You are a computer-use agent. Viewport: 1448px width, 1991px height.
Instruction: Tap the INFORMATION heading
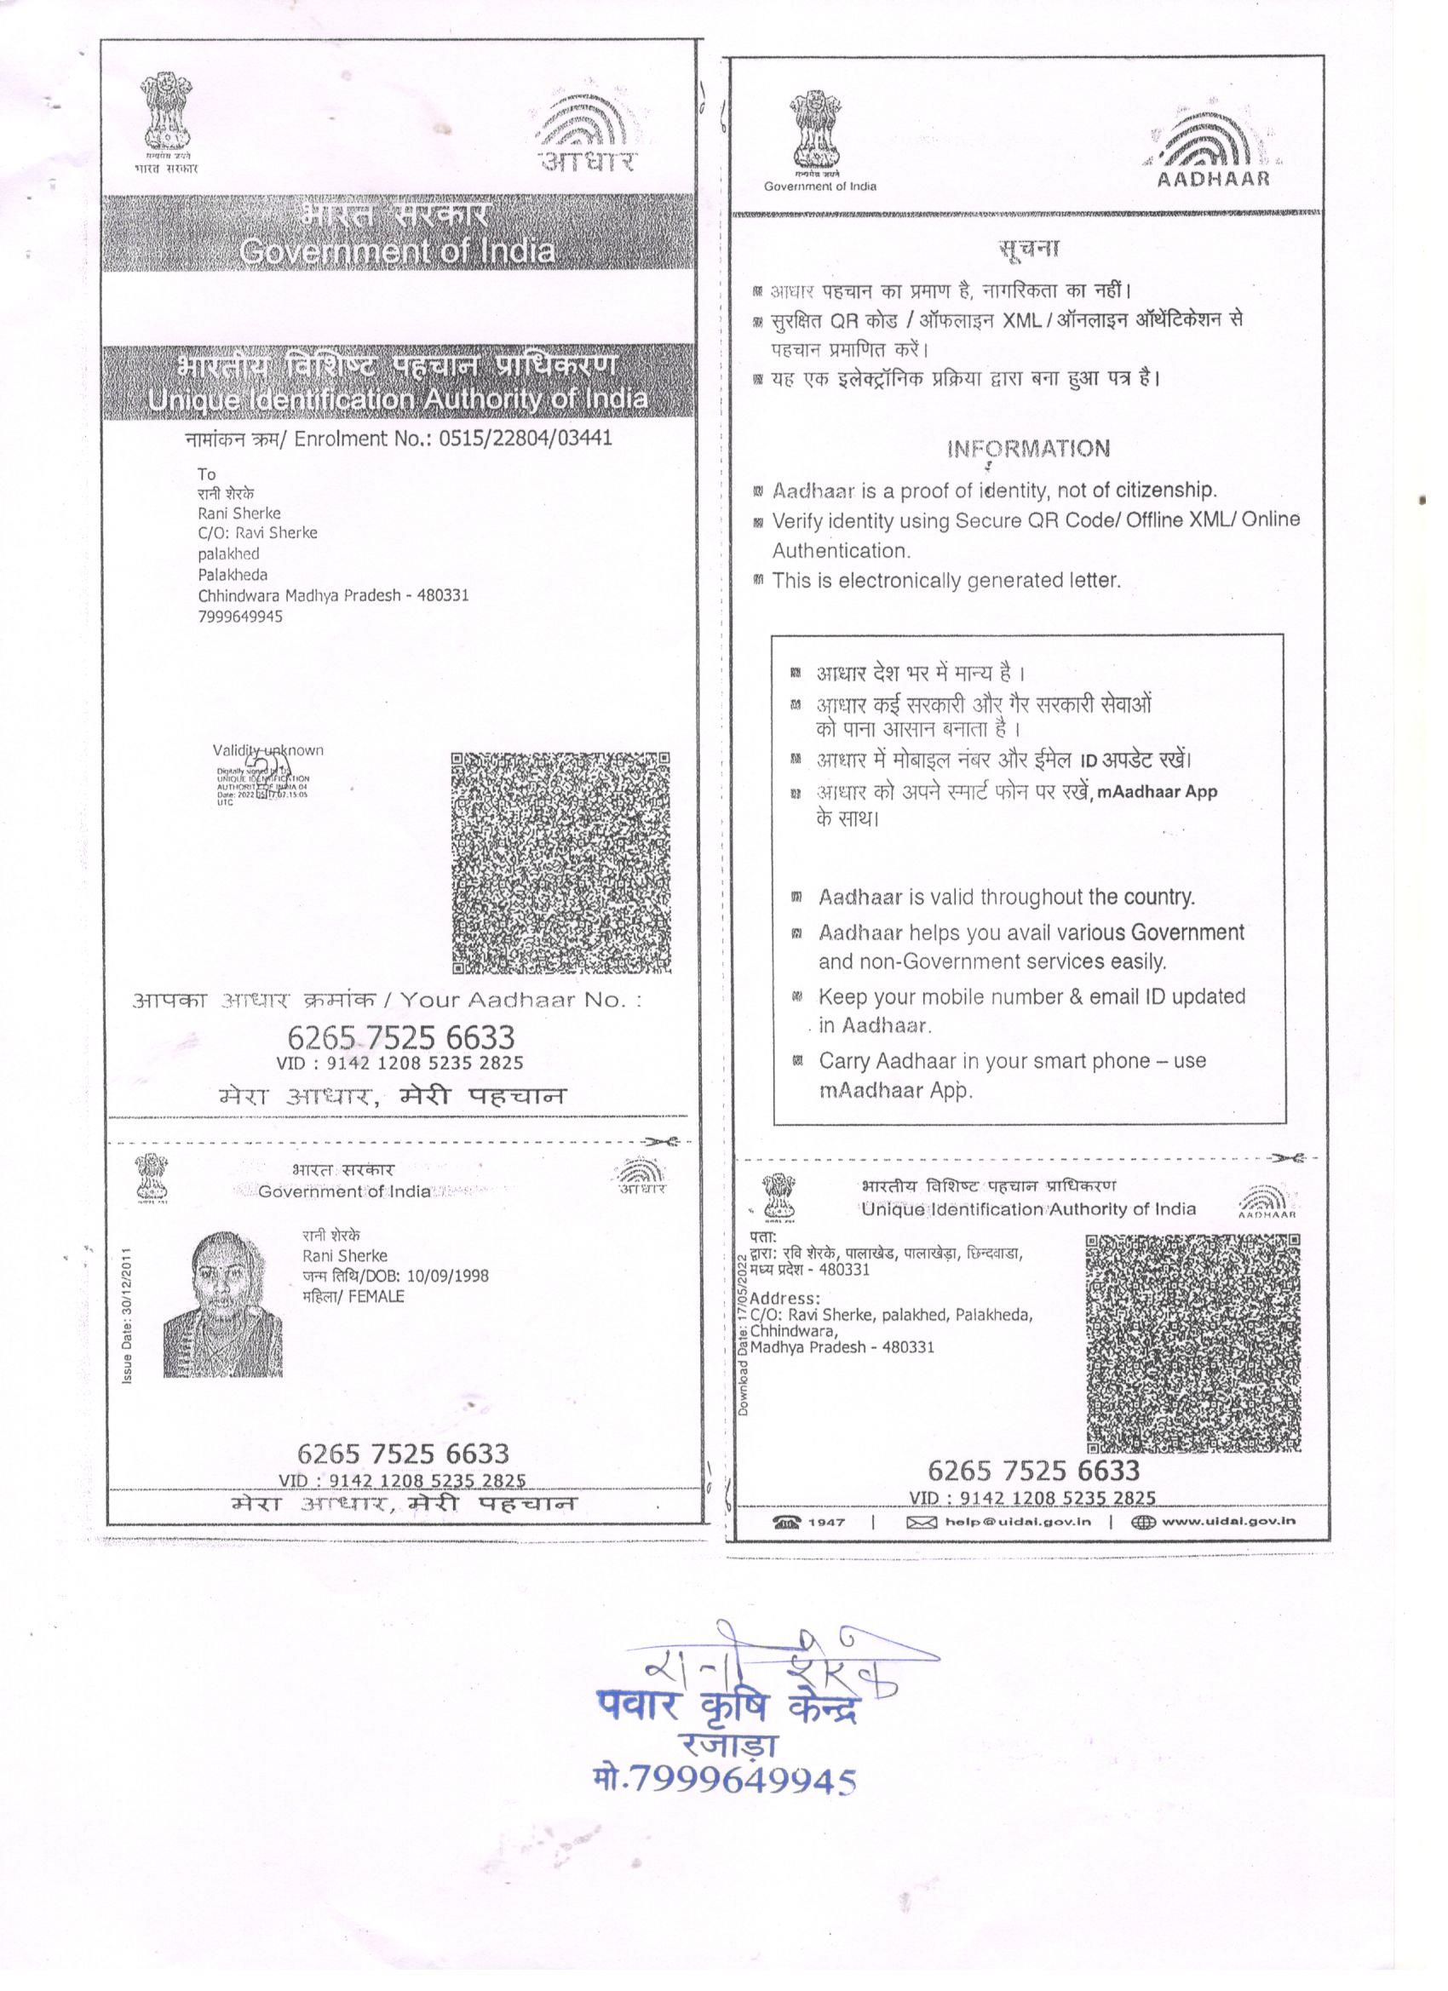pyautogui.click(x=1027, y=450)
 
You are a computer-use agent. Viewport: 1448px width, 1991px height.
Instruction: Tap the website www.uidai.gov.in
pyautogui.click(x=1227, y=1521)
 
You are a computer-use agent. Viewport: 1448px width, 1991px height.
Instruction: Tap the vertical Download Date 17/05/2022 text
pyautogui.click(x=743, y=1335)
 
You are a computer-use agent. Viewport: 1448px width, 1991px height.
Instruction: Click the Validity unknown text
pyautogui.click(x=267, y=750)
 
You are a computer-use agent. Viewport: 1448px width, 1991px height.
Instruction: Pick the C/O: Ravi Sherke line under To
pyautogui.click(x=257, y=533)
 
